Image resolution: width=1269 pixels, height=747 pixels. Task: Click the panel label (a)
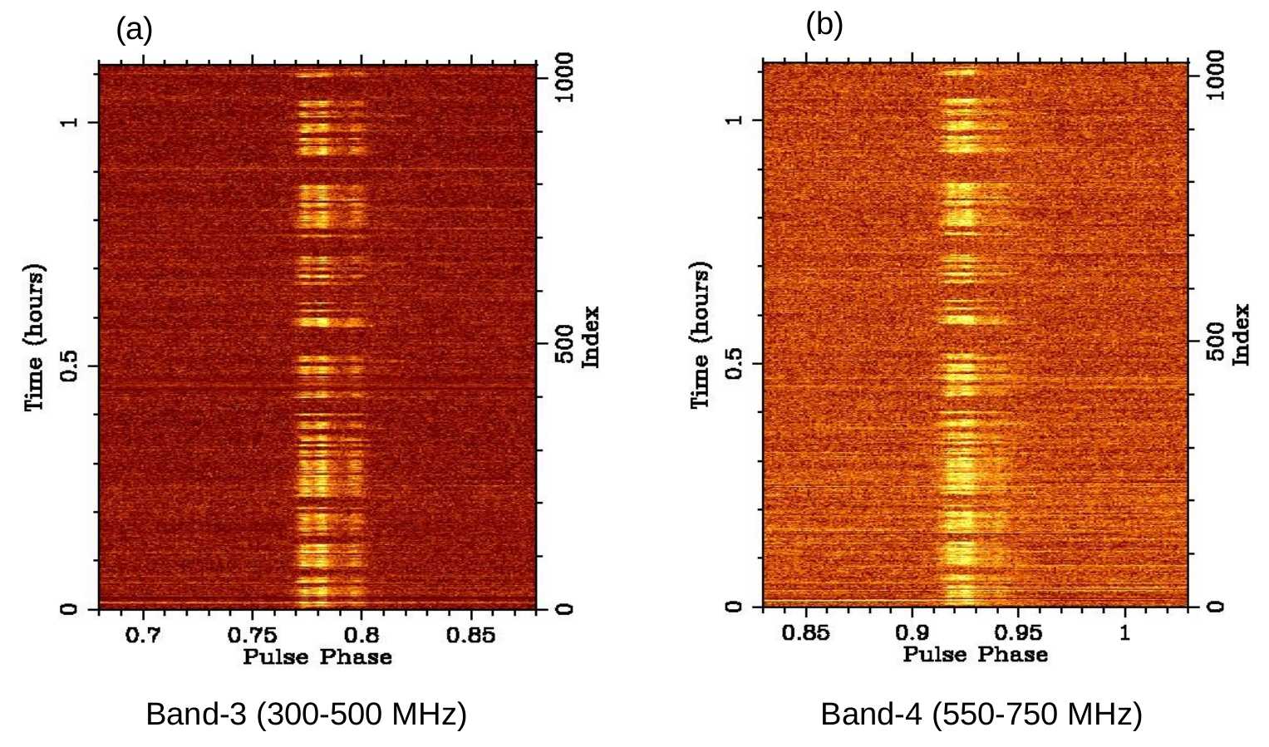click(134, 31)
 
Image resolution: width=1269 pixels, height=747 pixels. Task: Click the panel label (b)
click(824, 26)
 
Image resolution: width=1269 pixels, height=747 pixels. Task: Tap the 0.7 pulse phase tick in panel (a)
click(144, 636)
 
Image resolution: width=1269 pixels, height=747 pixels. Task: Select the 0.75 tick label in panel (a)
click(253, 636)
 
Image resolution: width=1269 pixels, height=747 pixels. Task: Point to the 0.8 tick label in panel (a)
click(362, 636)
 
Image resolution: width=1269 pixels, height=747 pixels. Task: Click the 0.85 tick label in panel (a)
click(471, 636)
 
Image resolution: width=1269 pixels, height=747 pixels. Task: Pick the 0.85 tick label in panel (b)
click(806, 633)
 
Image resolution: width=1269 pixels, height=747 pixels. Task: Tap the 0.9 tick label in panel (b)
click(912, 633)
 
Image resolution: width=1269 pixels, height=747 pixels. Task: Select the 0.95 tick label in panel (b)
click(1018, 633)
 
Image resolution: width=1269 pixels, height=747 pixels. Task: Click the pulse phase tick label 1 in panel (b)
click(1125, 633)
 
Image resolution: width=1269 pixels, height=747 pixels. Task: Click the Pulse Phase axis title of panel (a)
click(317, 657)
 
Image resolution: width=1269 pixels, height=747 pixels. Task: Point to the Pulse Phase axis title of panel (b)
click(975, 655)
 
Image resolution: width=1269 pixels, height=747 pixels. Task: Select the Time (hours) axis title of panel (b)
click(701, 336)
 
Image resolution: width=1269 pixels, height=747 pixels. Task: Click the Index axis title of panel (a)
click(591, 337)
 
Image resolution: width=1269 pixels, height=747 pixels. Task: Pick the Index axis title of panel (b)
click(1241, 334)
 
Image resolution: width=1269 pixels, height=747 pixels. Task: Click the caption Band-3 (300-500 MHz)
click(306, 714)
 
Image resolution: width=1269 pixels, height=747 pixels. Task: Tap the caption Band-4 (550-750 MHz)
click(981, 714)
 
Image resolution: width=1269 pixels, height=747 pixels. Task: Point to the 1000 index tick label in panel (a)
click(564, 77)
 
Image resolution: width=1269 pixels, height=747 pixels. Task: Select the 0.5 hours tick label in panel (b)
click(734, 364)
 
